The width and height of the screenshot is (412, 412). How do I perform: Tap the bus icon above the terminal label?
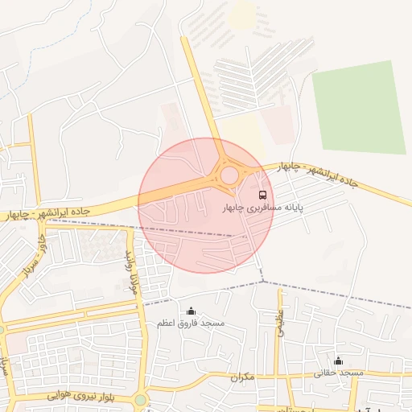262,195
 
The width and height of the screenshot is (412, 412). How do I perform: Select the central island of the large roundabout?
230,175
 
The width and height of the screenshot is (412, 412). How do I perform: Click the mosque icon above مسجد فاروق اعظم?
191,311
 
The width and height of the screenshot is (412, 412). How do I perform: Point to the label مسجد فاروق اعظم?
191,323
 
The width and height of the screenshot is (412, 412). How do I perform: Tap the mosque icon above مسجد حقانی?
338,360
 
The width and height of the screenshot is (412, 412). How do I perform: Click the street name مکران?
241,377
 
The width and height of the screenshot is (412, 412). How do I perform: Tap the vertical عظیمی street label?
281,322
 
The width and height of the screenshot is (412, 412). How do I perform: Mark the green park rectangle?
359,107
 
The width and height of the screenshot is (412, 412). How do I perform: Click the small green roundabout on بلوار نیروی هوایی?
141,399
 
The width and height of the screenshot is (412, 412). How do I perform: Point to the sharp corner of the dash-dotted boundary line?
262,281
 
